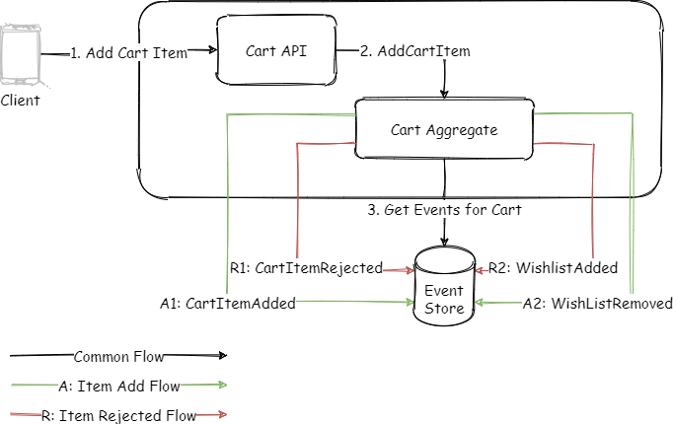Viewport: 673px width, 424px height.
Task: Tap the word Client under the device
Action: tap(21, 101)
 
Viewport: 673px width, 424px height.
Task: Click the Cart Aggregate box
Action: tap(444, 129)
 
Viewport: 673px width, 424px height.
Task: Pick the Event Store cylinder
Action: tap(444, 286)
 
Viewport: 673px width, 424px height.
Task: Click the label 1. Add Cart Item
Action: tap(129, 53)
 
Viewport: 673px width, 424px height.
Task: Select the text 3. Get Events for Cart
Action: tap(444, 210)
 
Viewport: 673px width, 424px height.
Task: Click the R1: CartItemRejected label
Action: tap(306, 267)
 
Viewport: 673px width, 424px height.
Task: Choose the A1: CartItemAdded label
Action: tap(228, 304)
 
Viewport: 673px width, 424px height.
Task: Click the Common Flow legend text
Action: tap(118, 356)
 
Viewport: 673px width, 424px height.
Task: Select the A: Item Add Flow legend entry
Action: tap(118, 386)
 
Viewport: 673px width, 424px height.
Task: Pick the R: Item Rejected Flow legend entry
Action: tap(118, 416)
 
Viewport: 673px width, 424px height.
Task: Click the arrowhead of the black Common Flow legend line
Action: tap(222, 356)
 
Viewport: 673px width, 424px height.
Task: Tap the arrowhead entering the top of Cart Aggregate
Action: tap(444, 95)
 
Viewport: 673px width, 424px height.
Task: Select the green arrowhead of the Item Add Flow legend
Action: tap(222, 386)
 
